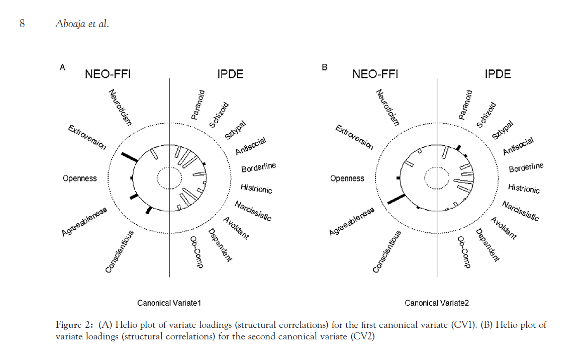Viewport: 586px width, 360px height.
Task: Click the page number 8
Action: pos(22,24)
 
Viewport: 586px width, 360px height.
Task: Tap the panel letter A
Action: pos(62,67)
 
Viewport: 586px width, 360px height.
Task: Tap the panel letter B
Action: pos(324,67)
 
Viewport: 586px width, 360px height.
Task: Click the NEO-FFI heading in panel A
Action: pos(108,74)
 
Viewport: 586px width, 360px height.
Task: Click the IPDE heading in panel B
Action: pos(498,74)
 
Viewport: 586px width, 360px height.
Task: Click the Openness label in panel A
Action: pos(80,178)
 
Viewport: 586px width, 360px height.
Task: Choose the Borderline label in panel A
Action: pos(258,167)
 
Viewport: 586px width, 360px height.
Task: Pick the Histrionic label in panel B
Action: pos(524,189)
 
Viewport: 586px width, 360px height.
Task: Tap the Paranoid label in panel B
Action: pos(465,105)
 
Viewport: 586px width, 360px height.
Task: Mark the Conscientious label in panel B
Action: pos(387,251)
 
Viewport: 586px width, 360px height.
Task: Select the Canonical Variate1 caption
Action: pos(169,303)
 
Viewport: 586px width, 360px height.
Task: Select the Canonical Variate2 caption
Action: pos(437,303)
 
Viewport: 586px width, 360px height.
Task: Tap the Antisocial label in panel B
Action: pos(518,146)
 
